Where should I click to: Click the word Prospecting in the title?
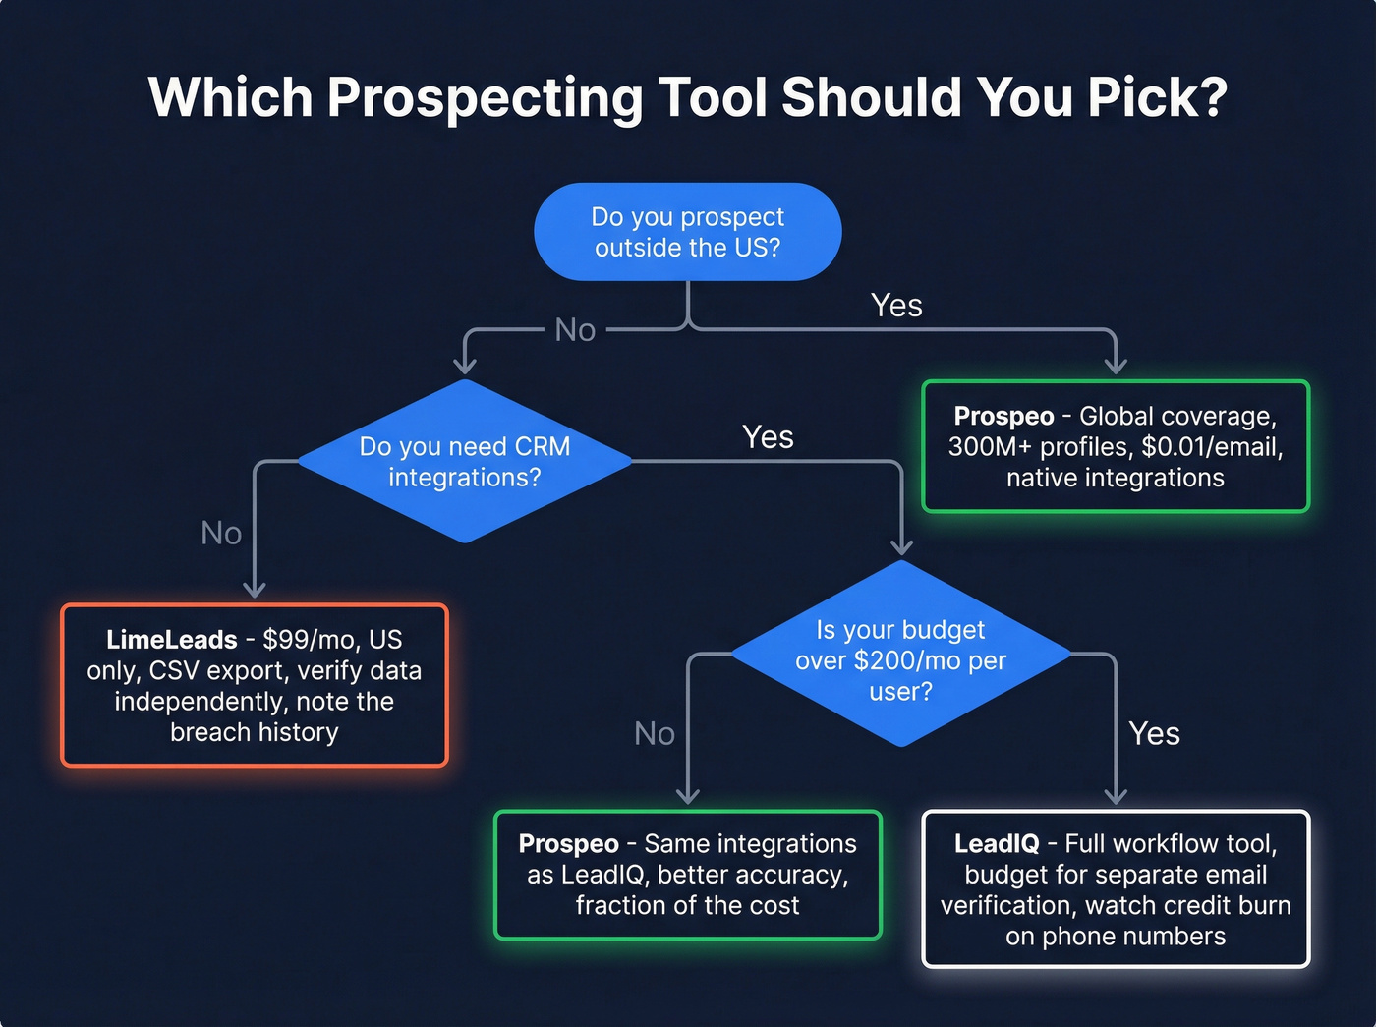point(484,98)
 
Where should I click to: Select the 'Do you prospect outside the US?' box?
point(687,232)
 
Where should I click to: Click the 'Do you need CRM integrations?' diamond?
point(464,461)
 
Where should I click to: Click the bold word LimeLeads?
point(172,640)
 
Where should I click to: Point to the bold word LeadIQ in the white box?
point(996,844)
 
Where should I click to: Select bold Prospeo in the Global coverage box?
point(1003,417)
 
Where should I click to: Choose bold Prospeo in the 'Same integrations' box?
point(568,844)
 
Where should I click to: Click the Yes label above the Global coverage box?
point(896,306)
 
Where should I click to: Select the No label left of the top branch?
point(575,330)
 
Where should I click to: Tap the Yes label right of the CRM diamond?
point(768,437)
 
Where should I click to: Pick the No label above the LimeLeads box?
point(221,533)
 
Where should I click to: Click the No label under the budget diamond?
point(655,733)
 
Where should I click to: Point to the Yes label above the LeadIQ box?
point(1154,733)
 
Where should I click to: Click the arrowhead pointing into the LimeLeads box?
point(255,590)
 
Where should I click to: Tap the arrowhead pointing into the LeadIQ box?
point(1116,796)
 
